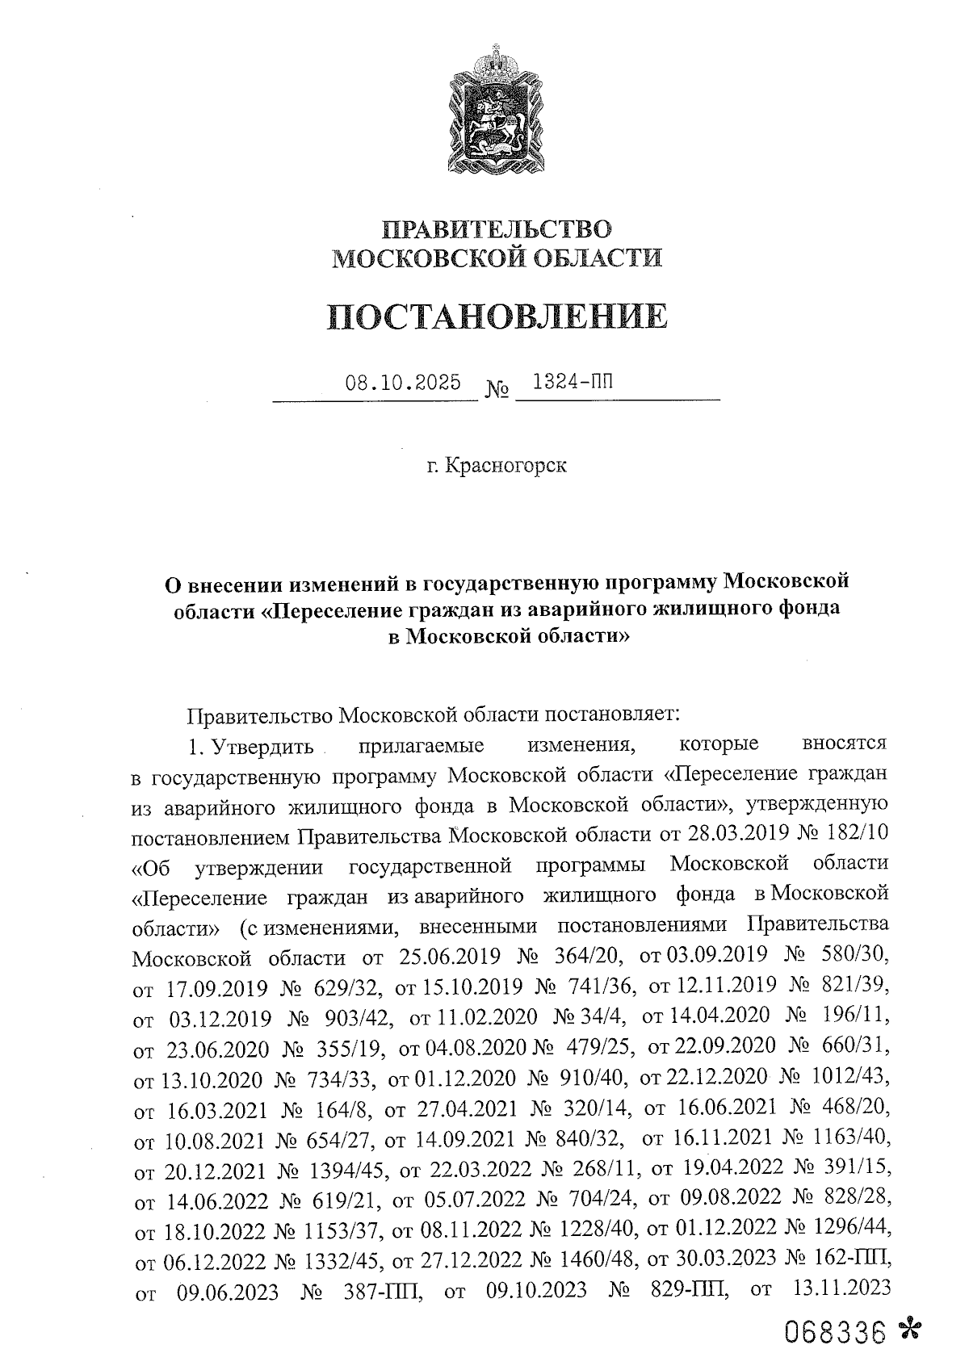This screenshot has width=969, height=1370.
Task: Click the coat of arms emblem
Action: pos(495,109)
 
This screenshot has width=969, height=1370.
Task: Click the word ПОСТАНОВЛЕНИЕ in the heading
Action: pos(498,317)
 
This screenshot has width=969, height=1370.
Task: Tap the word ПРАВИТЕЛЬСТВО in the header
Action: pos(497,229)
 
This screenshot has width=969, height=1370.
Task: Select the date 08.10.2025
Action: pos(403,381)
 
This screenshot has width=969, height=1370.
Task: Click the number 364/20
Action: pos(589,956)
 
